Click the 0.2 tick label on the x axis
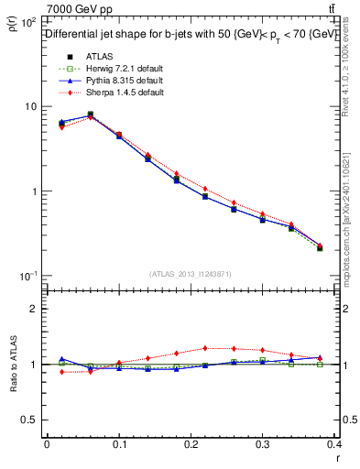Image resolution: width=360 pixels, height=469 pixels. click(191, 446)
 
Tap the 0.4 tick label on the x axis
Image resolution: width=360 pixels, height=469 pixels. click(334, 446)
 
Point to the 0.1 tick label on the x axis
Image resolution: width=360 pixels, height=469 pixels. click(118, 446)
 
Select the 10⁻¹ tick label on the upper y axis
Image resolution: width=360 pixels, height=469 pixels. click(27, 276)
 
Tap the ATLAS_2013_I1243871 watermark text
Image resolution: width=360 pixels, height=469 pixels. click(190, 273)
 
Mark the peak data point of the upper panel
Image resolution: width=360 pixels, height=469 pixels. click(90, 115)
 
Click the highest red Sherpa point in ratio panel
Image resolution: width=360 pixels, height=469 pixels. click(205, 348)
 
